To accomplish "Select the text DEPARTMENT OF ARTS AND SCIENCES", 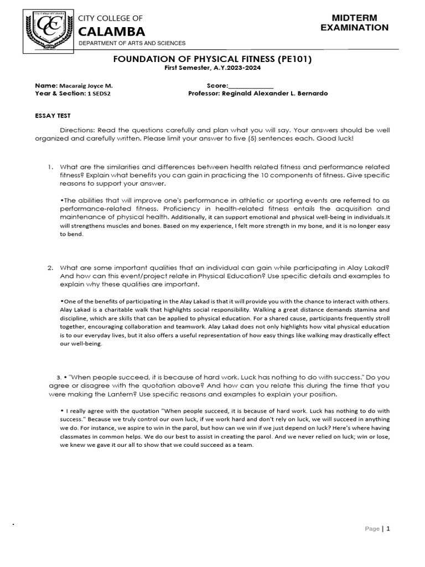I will coord(132,43).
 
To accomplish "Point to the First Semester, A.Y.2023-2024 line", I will coord(212,68).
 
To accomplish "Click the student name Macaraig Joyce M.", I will coord(88,86).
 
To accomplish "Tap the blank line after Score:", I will coord(251,86).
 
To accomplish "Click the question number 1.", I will coord(49,167).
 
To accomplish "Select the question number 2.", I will coord(49,267).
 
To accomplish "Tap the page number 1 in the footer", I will coord(388,528).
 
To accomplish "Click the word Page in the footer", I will coord(372,529).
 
